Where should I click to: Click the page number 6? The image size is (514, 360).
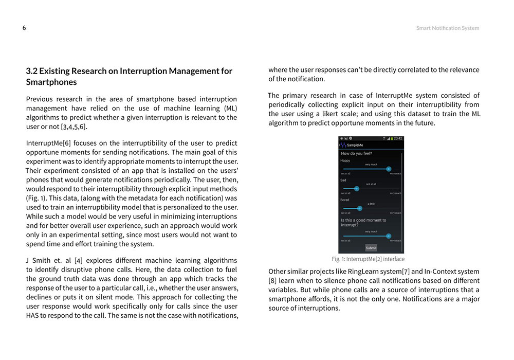pyautogui.click(x=24, y=28)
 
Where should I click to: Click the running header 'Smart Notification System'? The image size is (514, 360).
pyautogui.click(x=447, y=28)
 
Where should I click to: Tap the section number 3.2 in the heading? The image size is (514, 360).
pyautogui.click(x=31, y=71)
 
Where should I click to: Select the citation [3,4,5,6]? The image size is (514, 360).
pyautogui.click(x=74, y=127)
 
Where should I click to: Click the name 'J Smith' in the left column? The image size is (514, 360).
pyautogui.click(x=38, y=260)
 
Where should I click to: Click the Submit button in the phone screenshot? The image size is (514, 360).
pyautogui.click(x=371, y=248)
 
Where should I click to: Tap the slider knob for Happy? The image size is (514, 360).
pyautogui.click(x=389, y=169)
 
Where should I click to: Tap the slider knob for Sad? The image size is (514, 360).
pyautogui.click(x=357, y=188)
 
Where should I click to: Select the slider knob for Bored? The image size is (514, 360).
pyautogui.click(x=360, y=208)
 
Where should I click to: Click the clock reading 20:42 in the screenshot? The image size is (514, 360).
pyautogui.click(x=398, y=139)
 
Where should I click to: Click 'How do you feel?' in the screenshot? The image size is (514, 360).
pyautogui.click(x=357, y=153)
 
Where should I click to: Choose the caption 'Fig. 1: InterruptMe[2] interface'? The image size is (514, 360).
pyautogui.click(x=368, y=259)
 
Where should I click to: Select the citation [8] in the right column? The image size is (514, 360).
pyautogui.click(x=272, y=281)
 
